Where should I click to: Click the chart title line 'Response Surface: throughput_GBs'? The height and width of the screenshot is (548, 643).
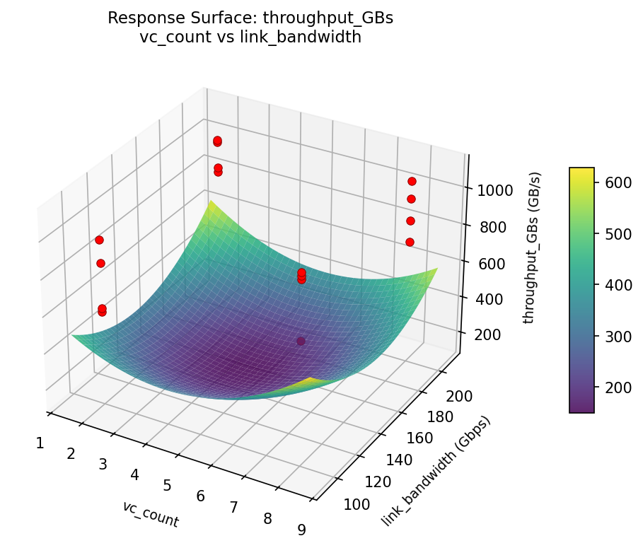coord(250,18)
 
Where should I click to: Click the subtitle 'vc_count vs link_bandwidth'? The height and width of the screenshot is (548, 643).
coord(250,37)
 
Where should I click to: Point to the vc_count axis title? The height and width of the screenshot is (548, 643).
coord(150,514)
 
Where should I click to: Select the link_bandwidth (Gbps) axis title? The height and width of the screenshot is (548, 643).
coord(436,471)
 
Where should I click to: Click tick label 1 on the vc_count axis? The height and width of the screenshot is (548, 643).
coord(40,443)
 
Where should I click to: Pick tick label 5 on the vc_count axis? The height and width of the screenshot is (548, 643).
coord(168,485)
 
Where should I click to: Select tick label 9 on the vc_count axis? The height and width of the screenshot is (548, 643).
coord(302,530)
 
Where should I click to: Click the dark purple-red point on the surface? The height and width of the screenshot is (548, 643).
coord(301,341)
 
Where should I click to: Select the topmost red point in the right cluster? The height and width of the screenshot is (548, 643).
coord(412,181)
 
